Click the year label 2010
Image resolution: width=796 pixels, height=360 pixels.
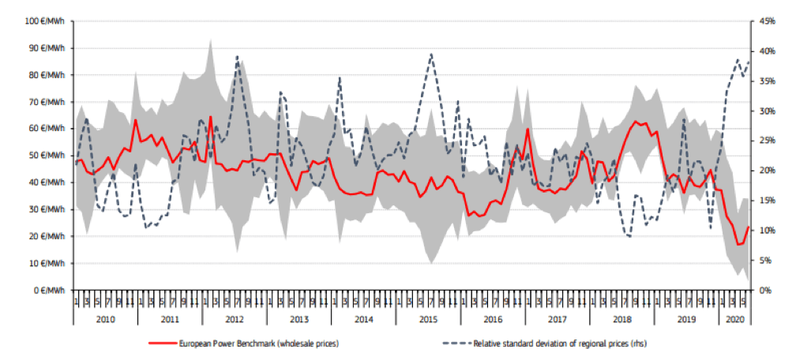(x=105, y=318)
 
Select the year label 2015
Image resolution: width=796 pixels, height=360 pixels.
(x=428, y=318)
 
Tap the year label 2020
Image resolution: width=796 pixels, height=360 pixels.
(x=734, y=318)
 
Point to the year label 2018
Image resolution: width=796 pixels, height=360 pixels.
(x=622, y=318)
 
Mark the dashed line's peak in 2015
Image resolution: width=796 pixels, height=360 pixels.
(x=431, y=54)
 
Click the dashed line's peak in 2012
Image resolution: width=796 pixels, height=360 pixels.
(x=238, y=57)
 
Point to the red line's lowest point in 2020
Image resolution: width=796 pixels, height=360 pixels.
(x=738, y=245)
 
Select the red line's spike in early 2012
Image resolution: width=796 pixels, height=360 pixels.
(x=210, y=117)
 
